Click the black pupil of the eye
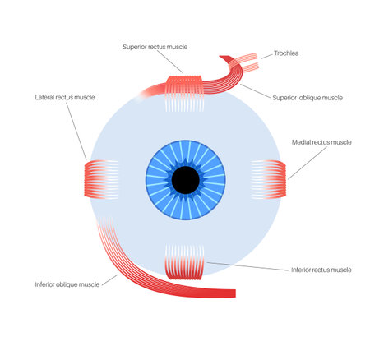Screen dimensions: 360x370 [185, 178]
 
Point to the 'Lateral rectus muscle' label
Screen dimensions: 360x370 [65, 97]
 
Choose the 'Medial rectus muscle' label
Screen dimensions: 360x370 [321, 142]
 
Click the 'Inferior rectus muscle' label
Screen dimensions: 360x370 [321, 269]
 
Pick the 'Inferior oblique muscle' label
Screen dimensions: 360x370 [67, 284]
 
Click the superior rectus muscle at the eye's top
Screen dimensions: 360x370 [184, 85]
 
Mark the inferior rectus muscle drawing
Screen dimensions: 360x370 [184, 266]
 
